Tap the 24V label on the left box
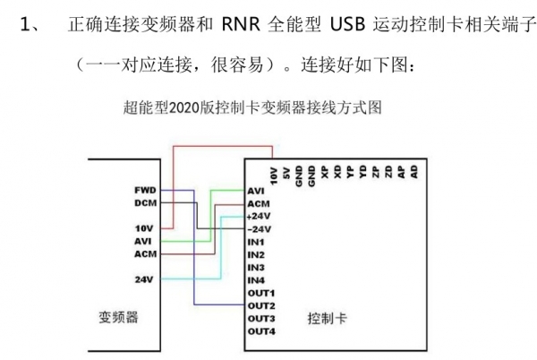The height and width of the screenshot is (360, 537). point(144,279)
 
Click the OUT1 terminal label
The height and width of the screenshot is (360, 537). point(260,293)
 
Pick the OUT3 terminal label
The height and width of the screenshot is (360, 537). point(260,319)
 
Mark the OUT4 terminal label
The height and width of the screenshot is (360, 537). point(260,332)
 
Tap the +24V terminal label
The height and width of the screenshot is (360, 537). point(258,216)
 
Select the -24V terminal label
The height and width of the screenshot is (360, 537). point(258,229)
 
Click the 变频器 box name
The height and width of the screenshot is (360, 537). point(118,318)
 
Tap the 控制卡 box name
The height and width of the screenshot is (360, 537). point(323,318)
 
